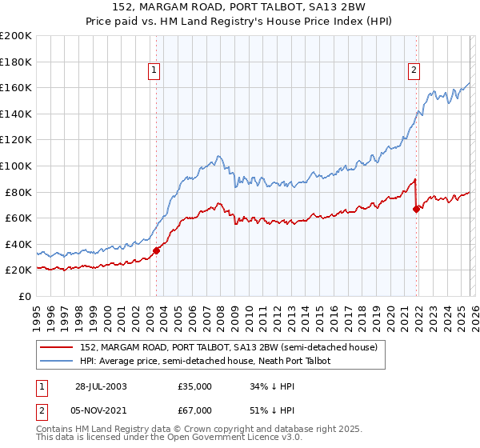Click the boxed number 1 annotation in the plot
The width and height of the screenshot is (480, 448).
tap(155, 70)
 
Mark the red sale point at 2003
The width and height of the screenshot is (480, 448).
tap(157, 250)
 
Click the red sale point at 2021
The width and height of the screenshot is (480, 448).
tap(416, 209)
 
